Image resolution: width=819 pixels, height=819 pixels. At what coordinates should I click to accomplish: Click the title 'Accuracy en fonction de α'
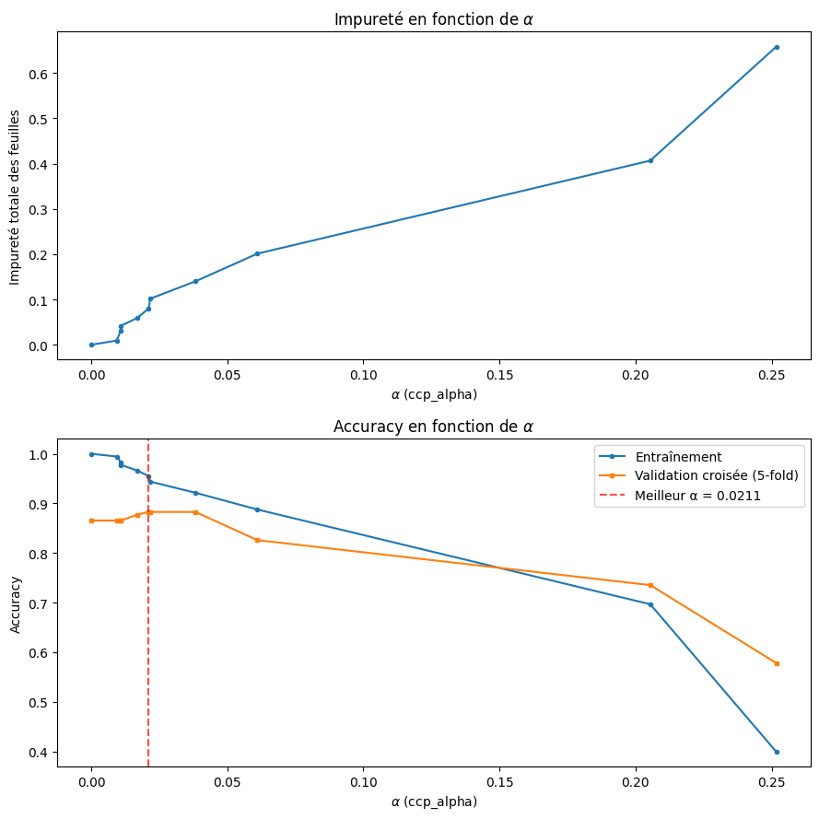point(434,427)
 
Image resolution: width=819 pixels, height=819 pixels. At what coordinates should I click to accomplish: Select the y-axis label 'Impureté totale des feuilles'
point(15,197)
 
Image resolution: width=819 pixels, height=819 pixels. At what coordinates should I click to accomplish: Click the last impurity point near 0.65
point(777,47)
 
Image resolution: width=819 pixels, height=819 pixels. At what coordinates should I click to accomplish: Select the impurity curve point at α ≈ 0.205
point(650,160)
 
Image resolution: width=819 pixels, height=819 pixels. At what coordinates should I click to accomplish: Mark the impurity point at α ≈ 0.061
point(257,253)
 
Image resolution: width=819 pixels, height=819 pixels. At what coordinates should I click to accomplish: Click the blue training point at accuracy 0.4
point(777,752)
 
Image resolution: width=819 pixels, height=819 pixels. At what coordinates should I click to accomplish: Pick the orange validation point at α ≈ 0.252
point(777,663)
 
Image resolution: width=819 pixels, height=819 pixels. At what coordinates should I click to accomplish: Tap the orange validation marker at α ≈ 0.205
point(650,585)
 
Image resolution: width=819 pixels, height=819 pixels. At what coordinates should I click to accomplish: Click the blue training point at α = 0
point(91,454)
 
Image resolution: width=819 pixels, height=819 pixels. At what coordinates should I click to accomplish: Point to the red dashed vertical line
point(148,645)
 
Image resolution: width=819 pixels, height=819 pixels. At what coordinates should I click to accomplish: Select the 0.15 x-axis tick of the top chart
point(499,376)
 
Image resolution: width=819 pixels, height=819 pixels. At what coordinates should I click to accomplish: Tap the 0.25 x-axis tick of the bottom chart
point(771,784)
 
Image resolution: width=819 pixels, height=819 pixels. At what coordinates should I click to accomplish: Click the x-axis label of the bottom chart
point(434,801)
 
